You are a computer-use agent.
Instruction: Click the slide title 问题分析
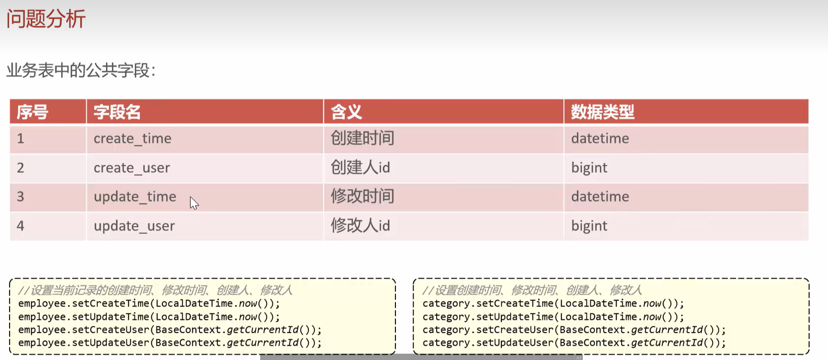tap(46, 19)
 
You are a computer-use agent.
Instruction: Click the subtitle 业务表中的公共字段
tap(81, 70)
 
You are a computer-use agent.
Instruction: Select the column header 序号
tap(32, 112)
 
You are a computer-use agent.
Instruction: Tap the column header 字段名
tap(117, 112)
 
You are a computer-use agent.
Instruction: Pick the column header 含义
tap(346, 112)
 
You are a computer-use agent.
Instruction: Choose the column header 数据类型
tap(602, 112)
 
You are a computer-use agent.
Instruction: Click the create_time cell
tap(133, 138)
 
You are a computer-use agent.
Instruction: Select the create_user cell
tap(132, 168)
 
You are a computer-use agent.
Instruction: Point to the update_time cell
tap(135, 197)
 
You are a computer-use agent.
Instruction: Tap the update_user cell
tap(134, 226)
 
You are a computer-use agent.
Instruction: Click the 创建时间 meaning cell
tap(362, 138)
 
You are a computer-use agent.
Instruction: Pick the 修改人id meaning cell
tap(360, 226)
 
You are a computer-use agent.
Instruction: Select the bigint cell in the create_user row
tap(589, 168)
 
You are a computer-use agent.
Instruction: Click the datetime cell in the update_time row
tap(600, 197)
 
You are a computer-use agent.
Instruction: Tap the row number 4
tap(20, 226)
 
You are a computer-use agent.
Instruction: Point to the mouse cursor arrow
tap(194, 203)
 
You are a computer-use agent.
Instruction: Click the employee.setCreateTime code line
tap(149, 303)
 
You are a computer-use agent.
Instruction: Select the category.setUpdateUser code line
tap(574, 343)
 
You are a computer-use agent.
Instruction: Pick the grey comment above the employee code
tap(155, 290)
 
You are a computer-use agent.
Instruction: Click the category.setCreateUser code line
tap(574, 330)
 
